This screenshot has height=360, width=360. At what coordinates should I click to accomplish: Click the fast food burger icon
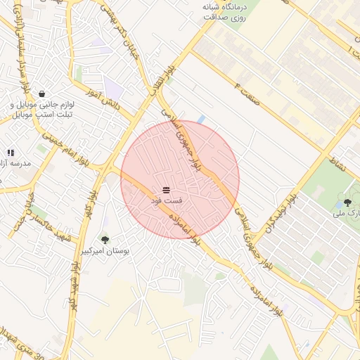click(166, 190)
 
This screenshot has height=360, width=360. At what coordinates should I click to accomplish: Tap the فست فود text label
click(166, 201)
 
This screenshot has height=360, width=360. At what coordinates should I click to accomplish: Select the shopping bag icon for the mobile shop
click(42, 94)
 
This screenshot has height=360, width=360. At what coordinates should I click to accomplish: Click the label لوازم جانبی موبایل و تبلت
click(42, 110)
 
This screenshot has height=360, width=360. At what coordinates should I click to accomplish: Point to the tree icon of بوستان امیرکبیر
click(105, 240)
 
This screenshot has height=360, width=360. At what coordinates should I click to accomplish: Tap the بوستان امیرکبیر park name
click(105, 251)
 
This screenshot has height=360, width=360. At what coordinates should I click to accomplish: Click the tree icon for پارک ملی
click(347, 202)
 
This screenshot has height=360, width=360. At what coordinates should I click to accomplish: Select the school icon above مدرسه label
click(11, 153)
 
